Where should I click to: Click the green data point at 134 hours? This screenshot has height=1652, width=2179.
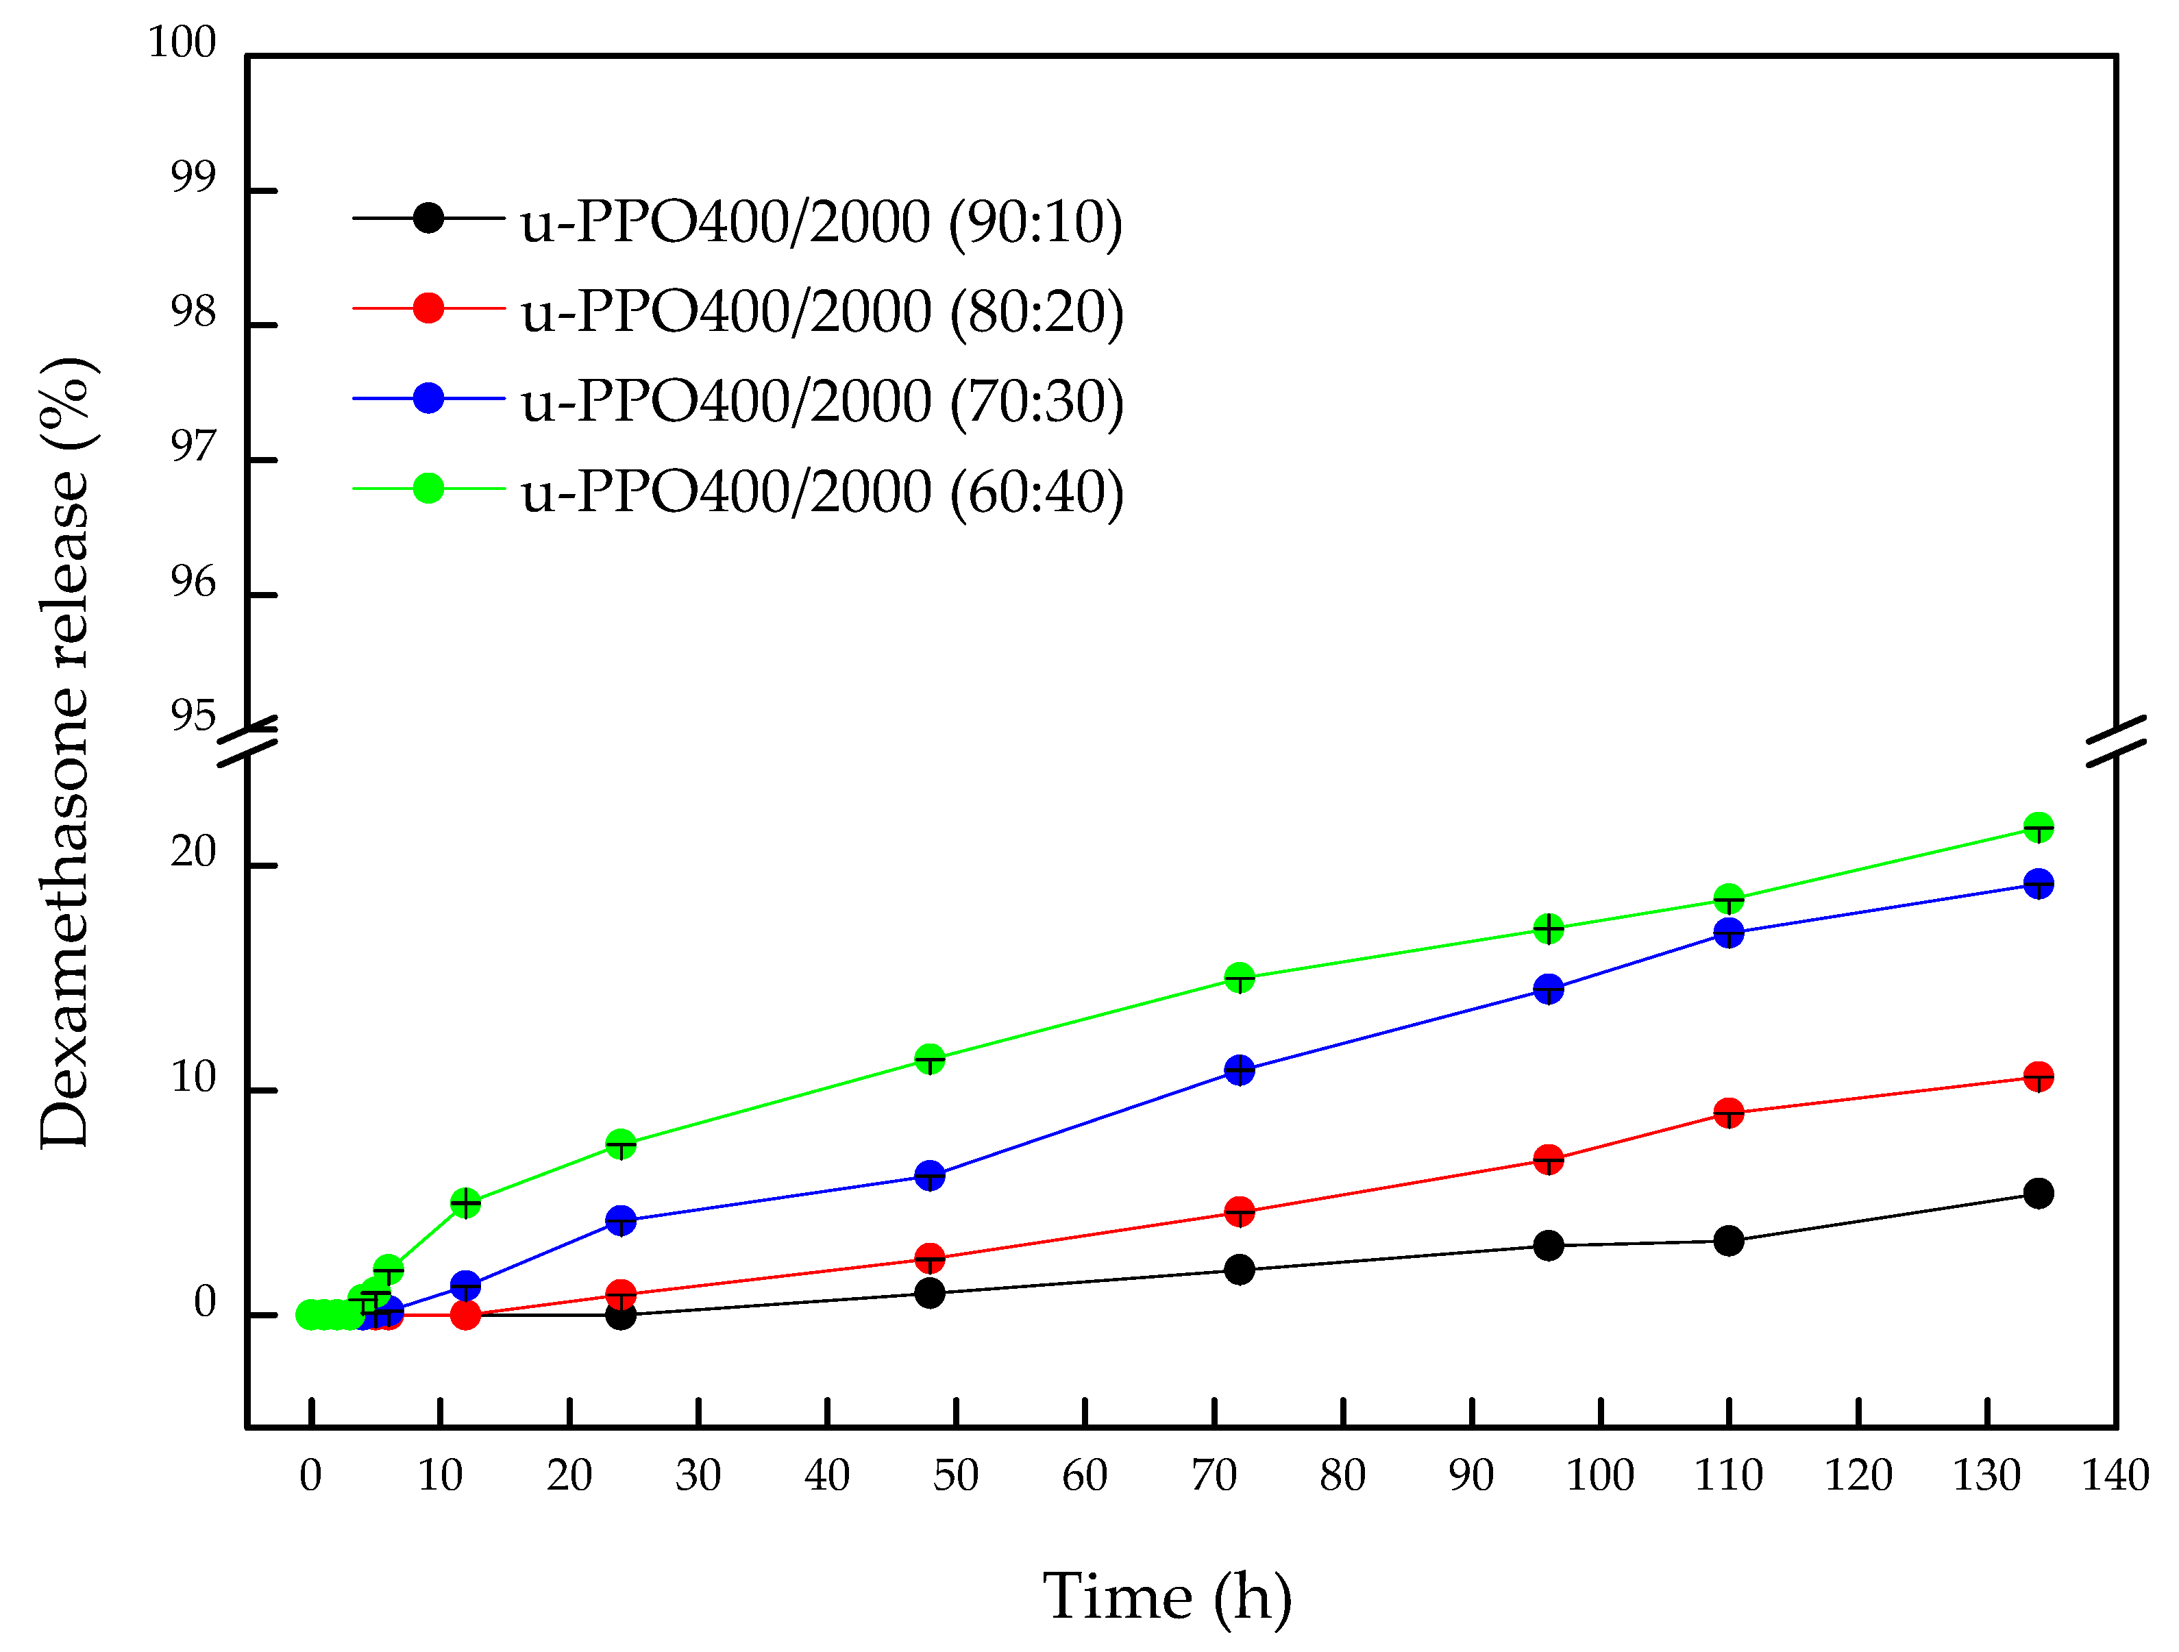(2038, 828)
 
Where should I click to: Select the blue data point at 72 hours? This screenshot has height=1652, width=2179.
(1240, 1070)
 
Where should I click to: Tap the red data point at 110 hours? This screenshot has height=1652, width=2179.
(1729, 1113)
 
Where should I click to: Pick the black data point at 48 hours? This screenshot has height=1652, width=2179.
(930, 1294)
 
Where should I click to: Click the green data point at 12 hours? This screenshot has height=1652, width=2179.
(465, 1203)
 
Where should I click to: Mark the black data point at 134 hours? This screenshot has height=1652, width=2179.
(2038, 1194)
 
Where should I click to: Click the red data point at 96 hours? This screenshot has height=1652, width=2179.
(1549, 1159)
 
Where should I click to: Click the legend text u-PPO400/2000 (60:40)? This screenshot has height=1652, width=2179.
(822, 491)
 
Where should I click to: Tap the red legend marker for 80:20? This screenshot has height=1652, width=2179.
(428, 308)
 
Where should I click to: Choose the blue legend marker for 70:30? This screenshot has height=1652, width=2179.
(428, 398)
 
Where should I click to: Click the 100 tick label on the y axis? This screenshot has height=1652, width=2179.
(182, 43)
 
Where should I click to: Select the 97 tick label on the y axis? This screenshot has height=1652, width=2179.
(193, 447)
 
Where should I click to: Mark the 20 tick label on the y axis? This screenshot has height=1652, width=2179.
(193, 852)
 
